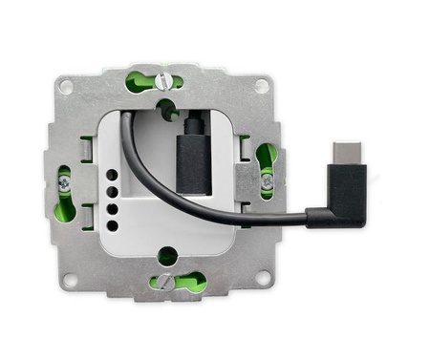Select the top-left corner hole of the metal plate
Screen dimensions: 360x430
(x=66, y=86)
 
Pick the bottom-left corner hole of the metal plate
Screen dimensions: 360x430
(x=68, y=281)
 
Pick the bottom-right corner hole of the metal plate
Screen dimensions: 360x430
(x=264, y=281)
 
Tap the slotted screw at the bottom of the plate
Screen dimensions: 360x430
(x=166, y=281)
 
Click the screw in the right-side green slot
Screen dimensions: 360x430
(x=267, y=179)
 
